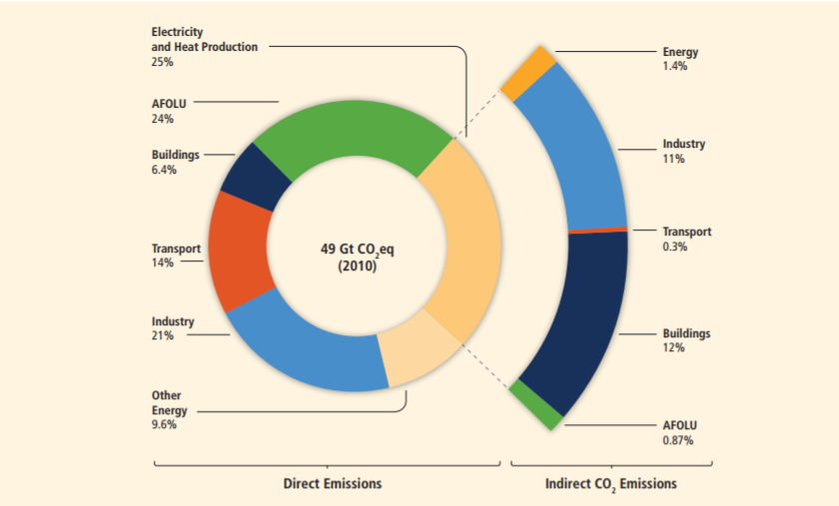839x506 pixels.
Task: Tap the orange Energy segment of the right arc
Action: (x=527, y=73)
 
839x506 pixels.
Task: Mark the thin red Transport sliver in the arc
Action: (x=597, y=230)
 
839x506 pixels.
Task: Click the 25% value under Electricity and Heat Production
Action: (x=163, y=62)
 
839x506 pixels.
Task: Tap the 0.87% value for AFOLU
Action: (x=677, y=439)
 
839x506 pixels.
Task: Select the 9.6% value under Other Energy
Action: (x=165, y=425)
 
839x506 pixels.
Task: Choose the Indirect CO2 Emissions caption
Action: (x=610, y=484)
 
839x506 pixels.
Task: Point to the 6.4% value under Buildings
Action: (x=164, y=170)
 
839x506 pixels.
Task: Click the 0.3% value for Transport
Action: (x=675, y=247)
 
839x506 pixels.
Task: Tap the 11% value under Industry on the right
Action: (x=673, y=159)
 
